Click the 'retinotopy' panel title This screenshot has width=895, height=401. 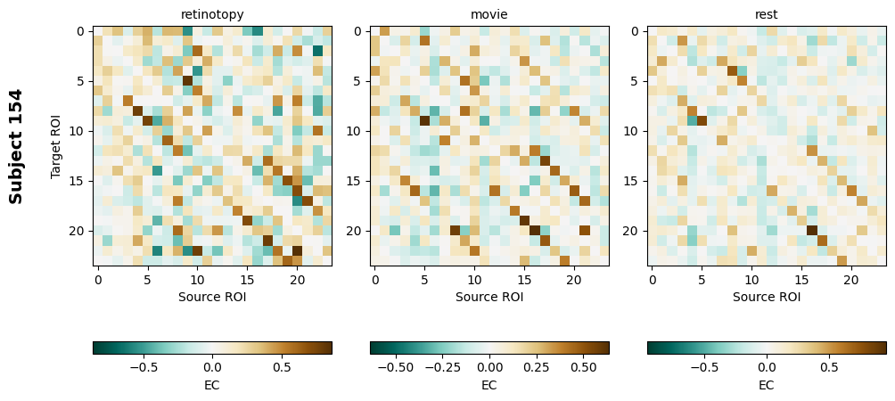tap(212, 14)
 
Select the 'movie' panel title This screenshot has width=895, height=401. tap(489, 14)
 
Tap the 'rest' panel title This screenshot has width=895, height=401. tap(767, 14)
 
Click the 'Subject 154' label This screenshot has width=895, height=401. tap(16, 145)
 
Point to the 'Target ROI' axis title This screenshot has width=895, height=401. tap(56, 145)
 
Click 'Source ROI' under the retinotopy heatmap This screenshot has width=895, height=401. tap(212, 297)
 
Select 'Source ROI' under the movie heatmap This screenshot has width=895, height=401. tap(489, 297)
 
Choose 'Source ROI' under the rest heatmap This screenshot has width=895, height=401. tap(767, 297)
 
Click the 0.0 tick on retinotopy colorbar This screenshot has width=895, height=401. tap(212, 366)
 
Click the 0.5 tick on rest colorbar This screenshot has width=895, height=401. tap(829, 366)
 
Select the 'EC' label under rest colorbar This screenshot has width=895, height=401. tap(767, 385)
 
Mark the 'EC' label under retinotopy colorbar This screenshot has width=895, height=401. tap(212, 385)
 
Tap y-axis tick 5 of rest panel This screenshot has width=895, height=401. tap(638, 81)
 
